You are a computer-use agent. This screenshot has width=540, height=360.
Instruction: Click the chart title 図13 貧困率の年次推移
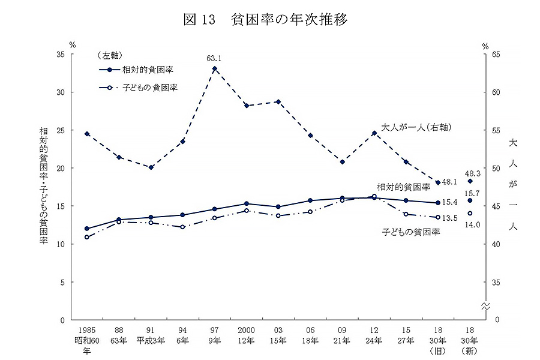265,20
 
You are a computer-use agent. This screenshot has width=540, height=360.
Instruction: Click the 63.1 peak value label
214,59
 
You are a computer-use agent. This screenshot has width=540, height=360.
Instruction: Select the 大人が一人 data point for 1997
214,68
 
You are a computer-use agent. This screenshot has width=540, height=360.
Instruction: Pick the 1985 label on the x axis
87,330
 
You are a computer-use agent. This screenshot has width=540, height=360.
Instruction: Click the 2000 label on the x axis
247,330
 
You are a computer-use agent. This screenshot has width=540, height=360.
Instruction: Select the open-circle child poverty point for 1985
87,237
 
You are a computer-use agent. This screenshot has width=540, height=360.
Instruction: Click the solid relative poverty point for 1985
87,229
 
